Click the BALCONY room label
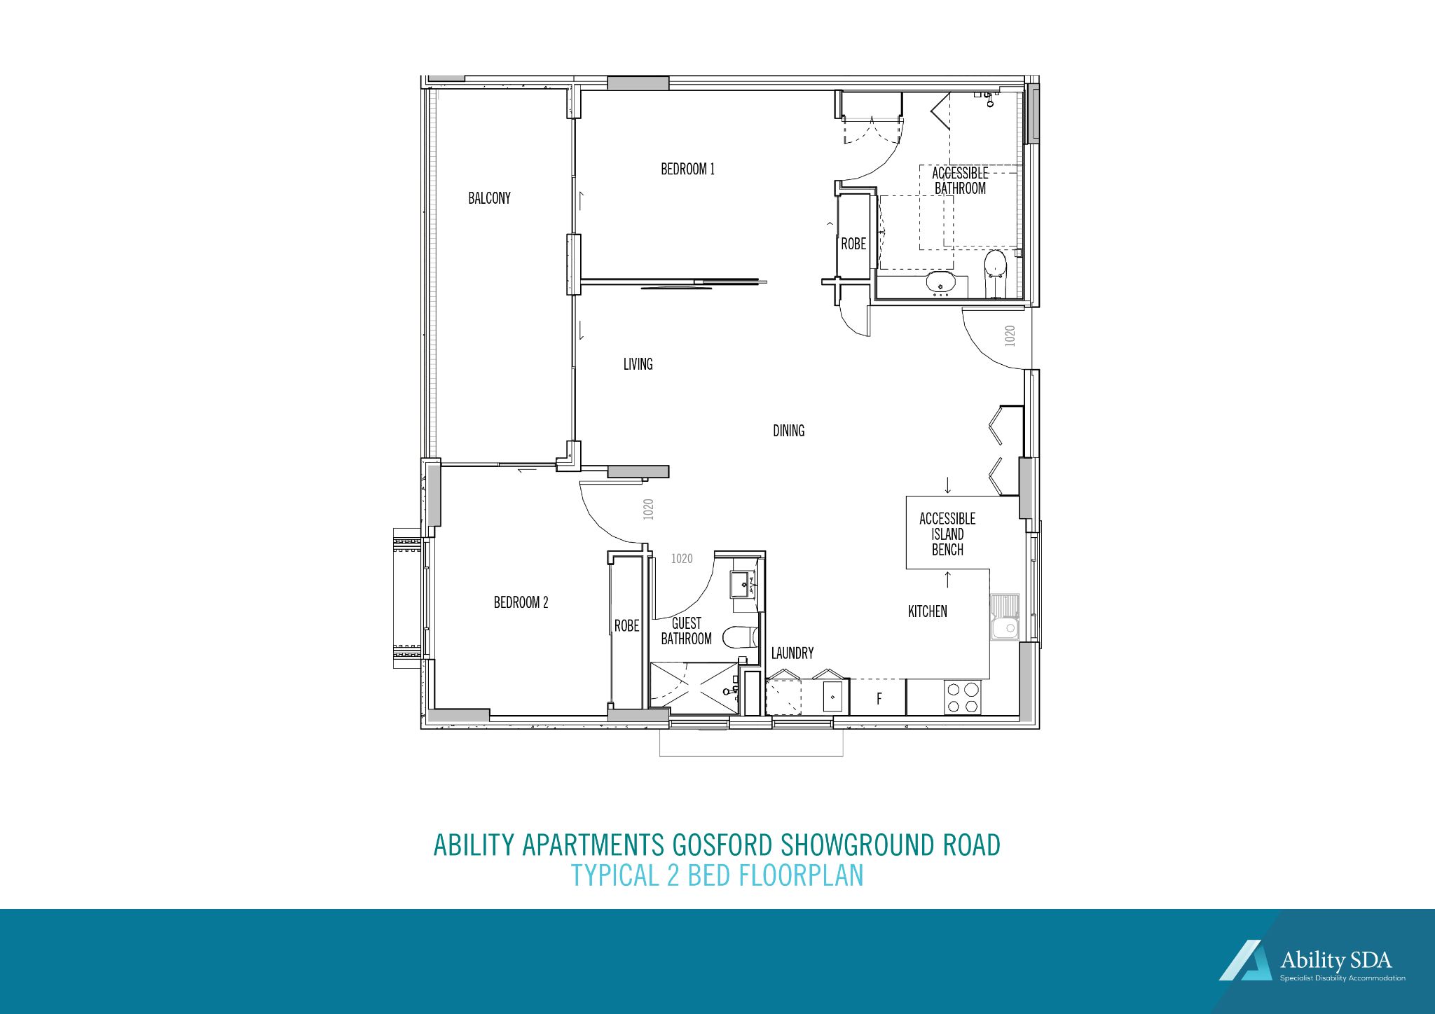(489, 198)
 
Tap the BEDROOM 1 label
(687, 169)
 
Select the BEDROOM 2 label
(521, 602)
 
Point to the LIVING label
(638, 364)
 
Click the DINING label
(788, 431)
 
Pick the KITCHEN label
(927, 611)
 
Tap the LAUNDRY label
(792, 653)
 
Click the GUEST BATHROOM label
(686, 631)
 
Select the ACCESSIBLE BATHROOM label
(960, 181)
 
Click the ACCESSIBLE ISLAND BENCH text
(947, 534)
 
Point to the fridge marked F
(879, 698)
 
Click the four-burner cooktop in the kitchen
(962, 697)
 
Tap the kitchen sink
(1005, 618)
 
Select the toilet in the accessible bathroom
(995, 267)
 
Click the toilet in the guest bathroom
(739, 637)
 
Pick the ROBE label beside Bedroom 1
(853, 244)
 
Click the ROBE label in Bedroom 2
(626, 625)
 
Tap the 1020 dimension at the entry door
(1010, 335)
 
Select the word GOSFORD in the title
(723, 845)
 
